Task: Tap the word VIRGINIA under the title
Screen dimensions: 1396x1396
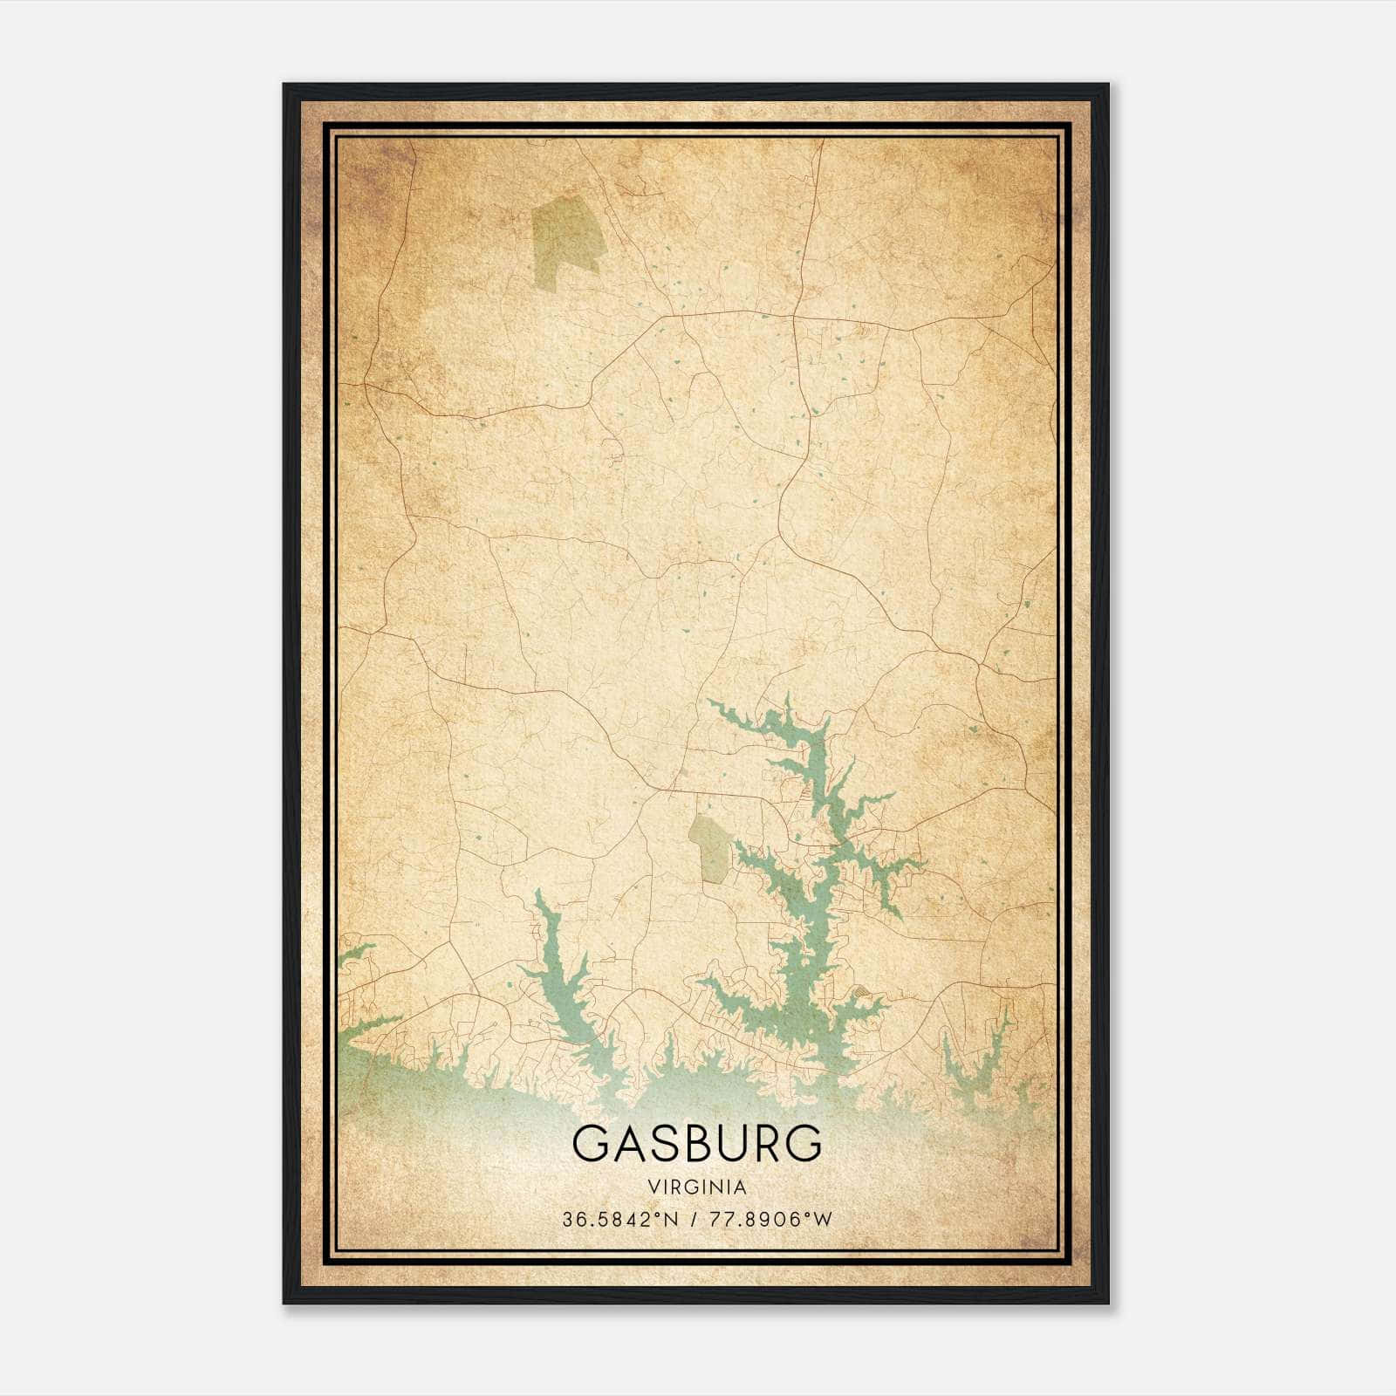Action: click(697, 1187)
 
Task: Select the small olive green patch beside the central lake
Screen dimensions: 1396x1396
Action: click(709, 846)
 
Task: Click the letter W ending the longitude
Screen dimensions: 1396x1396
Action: click(824, 1219)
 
